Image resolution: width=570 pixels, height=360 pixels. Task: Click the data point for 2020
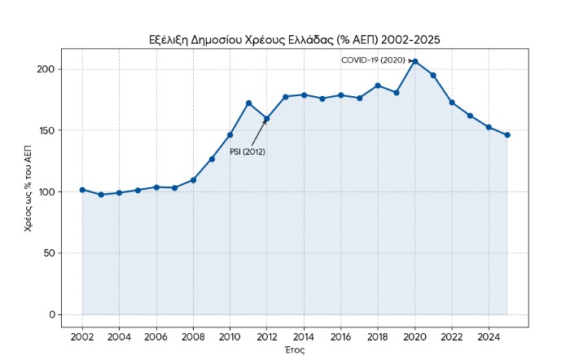tap(414, 61)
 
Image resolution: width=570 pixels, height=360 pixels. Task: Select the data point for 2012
tap(266, 119)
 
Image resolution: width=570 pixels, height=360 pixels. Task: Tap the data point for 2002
tap(82, 190)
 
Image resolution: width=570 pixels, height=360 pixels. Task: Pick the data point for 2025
tap(506, 135)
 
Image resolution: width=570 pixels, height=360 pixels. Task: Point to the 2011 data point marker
tap(248, 103)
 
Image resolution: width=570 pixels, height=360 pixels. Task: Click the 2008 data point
tap(193, 180)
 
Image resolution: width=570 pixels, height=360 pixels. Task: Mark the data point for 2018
tap(377, 86)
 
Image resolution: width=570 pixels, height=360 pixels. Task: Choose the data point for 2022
tap(451, 103)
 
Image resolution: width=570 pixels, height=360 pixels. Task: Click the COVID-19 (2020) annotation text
tap(372, 60)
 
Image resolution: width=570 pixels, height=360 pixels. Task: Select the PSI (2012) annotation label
tap(248, 151)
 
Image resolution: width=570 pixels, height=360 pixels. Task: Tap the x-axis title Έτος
tap(294, 349)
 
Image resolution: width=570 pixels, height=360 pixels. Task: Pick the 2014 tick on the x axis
tap(304, 336)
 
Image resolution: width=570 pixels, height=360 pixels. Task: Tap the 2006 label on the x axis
tap(156, 336)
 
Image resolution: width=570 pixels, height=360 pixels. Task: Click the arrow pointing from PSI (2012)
tap(259, 133)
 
